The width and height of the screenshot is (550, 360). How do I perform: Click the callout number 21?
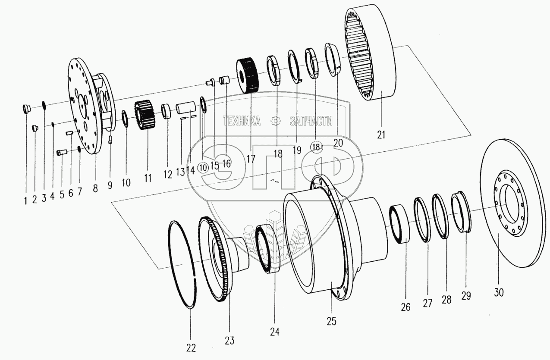[x=380, y=135]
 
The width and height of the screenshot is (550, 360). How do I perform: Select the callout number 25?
[x=331, y=321]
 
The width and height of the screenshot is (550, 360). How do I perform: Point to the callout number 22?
[x=191, y=347]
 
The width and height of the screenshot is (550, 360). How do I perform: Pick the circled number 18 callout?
[x=316, y=147]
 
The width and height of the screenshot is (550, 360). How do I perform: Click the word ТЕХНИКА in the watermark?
[x=242, y=121]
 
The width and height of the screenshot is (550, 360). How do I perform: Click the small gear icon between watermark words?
[x=275, y=121]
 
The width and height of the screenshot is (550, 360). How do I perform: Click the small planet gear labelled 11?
[x=145, y=116]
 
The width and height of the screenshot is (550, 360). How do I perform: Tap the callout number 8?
[x=95, y=188]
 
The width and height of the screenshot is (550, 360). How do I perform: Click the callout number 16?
[x=226, y=163]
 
